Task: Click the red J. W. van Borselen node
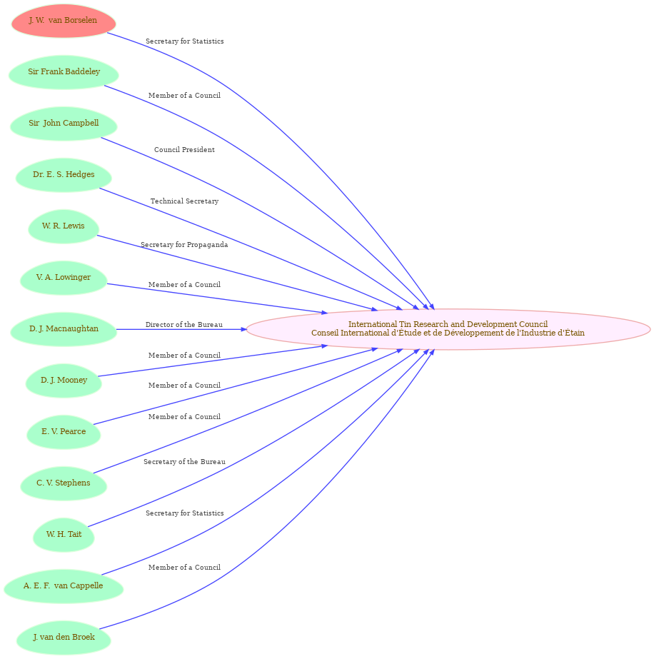coord(64,21)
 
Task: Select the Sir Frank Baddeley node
coord(64,72)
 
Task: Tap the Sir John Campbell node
coord(64,124)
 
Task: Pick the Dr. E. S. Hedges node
coord(64,175)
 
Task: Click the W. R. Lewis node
coord(64,226)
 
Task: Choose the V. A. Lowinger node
coord(64,278)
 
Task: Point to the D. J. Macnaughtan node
coord(64,329)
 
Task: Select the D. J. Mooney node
coord(64,381)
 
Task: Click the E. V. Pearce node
coord(64,432)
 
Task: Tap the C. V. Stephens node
coord(64,483)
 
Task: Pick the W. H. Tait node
coord(64,535)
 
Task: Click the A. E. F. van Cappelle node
coord(64,586)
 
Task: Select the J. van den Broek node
coord(64,638)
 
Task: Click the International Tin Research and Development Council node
coord(448,329)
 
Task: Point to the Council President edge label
coord(184,150)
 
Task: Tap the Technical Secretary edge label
coord(184,201)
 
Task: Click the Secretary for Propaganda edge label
coord(184,245)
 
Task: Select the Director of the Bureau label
coord(184,324)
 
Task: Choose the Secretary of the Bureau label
coord(184,462)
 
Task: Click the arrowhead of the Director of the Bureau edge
coord(243,330)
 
